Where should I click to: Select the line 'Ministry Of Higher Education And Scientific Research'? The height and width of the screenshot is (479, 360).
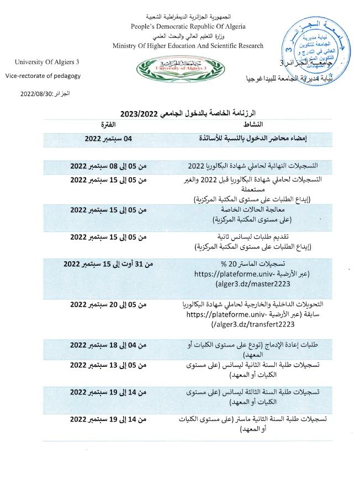click(188, 46)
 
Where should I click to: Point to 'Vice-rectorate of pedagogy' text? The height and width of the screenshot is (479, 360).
click(44, 76)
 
